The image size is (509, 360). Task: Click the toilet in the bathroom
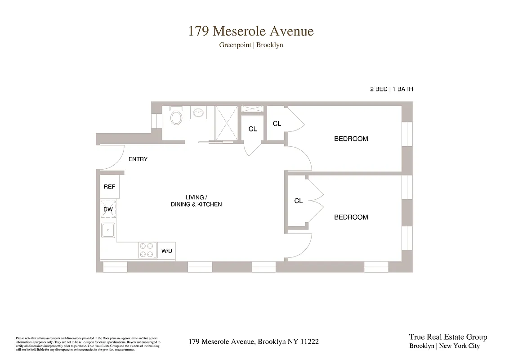pos(176,117)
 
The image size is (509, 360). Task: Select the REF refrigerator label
pos(109,187)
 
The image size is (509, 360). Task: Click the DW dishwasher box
pos(108,209)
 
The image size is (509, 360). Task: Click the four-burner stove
pos(147,251)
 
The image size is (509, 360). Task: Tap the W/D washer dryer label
pos(166,251)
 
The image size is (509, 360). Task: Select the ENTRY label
pos(138,159)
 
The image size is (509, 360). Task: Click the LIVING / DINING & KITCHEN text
pos(196,201)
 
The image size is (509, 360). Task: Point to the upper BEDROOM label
pos(351,139)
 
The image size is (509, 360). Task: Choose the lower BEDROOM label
pos(351,217)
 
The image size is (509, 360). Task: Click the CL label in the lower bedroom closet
pos(298,201)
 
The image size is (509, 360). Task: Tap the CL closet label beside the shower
pos(253,129)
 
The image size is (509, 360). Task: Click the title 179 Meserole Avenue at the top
pos(251,31)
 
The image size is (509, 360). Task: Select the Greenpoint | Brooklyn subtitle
pos(251,45)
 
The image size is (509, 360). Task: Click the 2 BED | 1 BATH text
pos(391,89)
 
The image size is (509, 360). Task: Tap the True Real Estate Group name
pos(448,337)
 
